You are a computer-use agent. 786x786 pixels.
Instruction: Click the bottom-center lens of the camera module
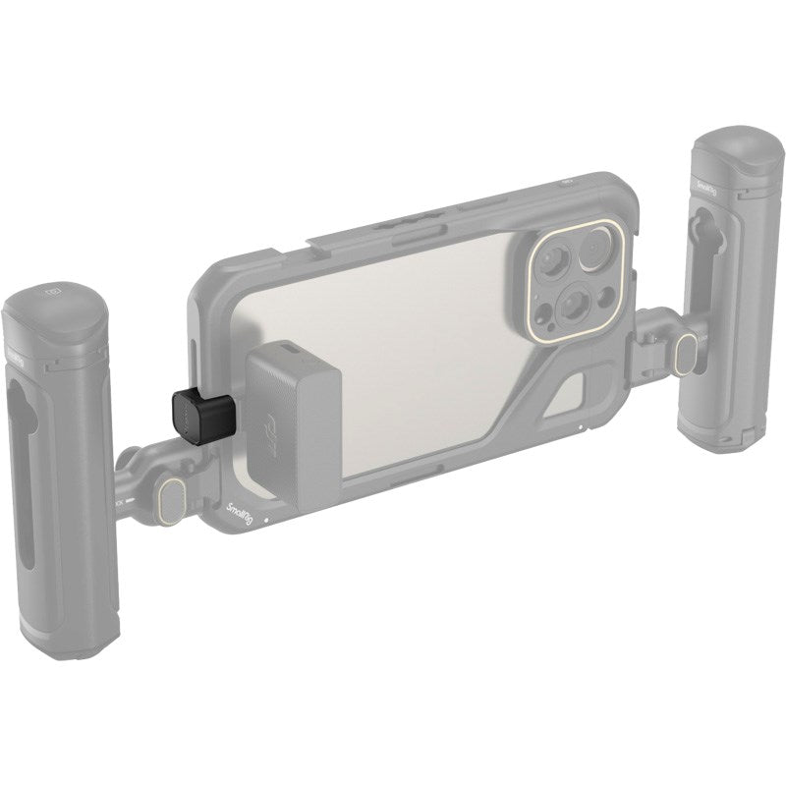coord(569,309)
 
